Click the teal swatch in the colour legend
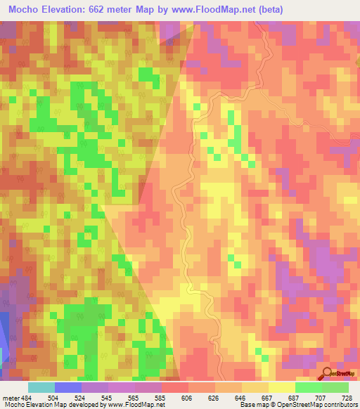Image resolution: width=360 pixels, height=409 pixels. (x=41, y=387)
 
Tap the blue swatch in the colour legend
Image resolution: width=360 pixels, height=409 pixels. (x=68, y=387)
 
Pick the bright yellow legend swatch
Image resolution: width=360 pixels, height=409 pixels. (x=281, y=387)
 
